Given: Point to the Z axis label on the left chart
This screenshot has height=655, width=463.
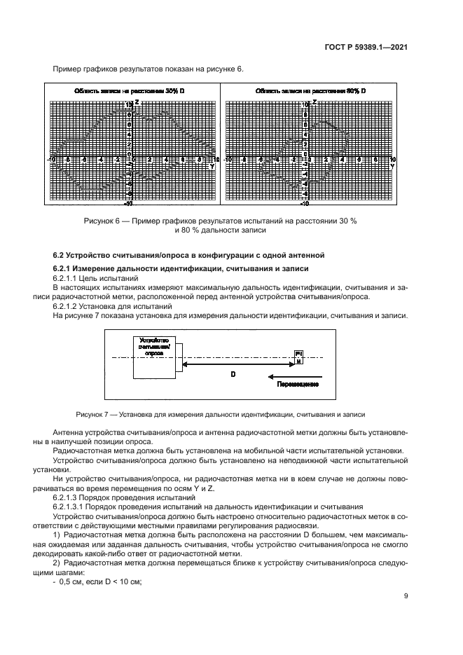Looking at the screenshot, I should (x=137, y=102).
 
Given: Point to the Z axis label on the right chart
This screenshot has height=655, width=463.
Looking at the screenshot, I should (x=314, y=102).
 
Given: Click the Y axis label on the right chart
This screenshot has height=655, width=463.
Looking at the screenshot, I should (x=392, y=167).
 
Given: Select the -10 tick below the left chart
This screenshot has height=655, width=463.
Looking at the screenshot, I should (x=129, y=204).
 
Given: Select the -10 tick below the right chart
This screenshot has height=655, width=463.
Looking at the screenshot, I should (x=305, y=204).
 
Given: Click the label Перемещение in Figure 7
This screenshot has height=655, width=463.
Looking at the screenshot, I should (x=298, y=385).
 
